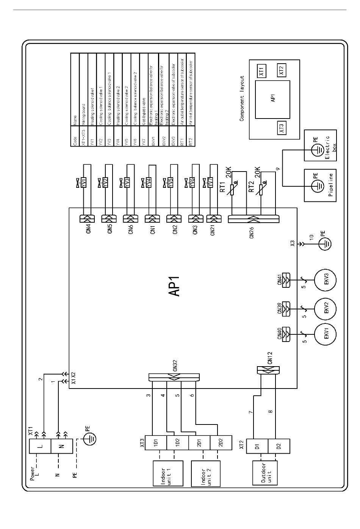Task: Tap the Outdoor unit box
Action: point(265,473)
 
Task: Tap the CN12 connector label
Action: point(270,358)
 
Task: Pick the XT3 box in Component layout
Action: point(281,128)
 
